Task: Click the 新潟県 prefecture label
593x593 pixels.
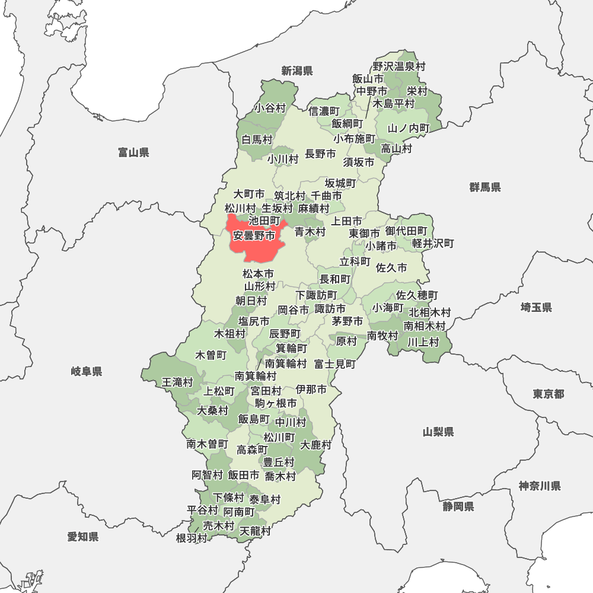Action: pyautogui.click(x=296, y=71)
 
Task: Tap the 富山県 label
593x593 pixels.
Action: pyautogui.click(x=133, y=153)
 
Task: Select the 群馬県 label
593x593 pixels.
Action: pyautogui.click(x=484, y=187)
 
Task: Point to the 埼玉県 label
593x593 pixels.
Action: pyautogui.click(x=536, y=307)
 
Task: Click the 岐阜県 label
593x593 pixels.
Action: pyautogui.click(x=87, y=372)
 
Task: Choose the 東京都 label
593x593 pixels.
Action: pyautogui.click(x=548, y=394)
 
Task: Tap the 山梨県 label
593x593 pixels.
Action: pyautogui.click(x=438, y=432)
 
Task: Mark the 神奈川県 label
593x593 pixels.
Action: pyautogui.click(x=540, y=486)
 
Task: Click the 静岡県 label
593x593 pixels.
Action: pyautogui.click(x=458, y=506)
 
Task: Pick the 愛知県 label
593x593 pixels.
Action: pyautogui.click(x=82, y=537)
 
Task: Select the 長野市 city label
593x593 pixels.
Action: pyautogui.click(x=320, y=154)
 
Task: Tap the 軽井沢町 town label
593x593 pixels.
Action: pyautogui.click(x=433, y=244)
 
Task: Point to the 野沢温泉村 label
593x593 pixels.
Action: pyautogui.click(x=399, y=66)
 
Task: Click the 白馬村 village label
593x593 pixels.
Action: pyautogui.click(x=257, y=140)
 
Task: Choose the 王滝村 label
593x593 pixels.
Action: pyautogui.click(x=177, y=382)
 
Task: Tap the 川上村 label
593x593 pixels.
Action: pyautogui.click(x=423, y=342)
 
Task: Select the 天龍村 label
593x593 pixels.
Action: pyautogui.click(x=255, y=531)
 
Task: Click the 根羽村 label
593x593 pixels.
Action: pyautogui.click(x=192, y=538)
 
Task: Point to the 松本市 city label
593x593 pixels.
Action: pyautogui.click(x=258, y=274)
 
